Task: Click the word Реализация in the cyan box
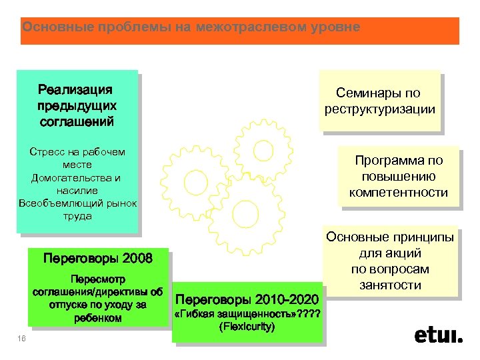tap(75, 90)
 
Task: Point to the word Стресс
tap(47, 151)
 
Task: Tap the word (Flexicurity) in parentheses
tap(247, 327)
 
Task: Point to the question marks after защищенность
tap(309, 314)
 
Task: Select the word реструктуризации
tap(380, 109)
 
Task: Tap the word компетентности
tap(398, 193)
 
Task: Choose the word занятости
tap(399, 285)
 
